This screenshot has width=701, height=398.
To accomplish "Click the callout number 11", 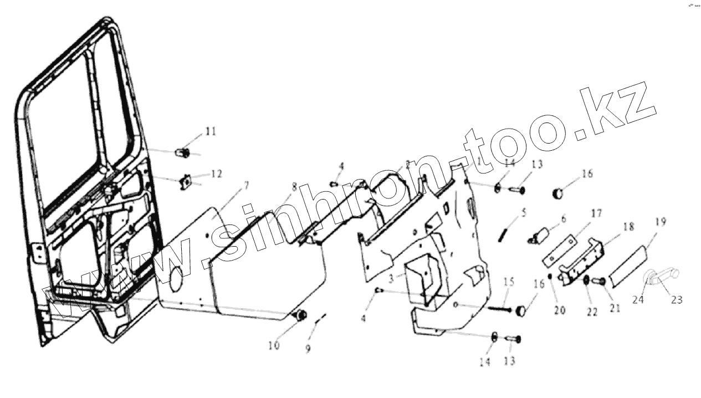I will tap(211, 131).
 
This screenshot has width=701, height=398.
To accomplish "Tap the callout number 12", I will tap(216, 174).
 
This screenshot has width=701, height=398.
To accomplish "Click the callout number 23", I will tap(677, 300).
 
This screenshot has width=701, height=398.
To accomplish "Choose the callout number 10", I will tap(274, 346).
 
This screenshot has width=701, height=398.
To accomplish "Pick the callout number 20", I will tap(560, 310).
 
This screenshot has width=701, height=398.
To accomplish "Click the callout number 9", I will tap(308, 349).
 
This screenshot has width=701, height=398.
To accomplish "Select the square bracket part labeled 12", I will tap(186, 181).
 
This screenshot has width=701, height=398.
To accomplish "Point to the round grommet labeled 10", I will tap(302, 315).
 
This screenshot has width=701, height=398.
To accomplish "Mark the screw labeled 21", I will tap(599, 282).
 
